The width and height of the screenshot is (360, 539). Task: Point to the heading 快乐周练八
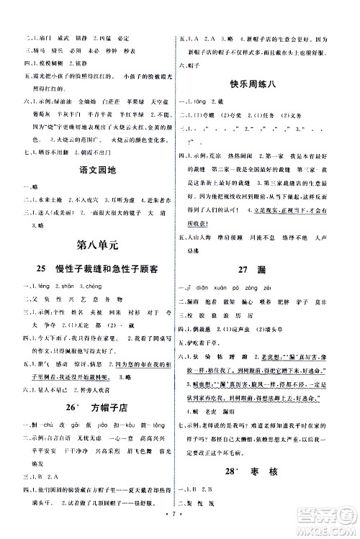pyautogui.click(x=261, y=81)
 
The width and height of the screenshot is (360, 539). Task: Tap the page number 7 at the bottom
pyautogui.click(x=180, y=516)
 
